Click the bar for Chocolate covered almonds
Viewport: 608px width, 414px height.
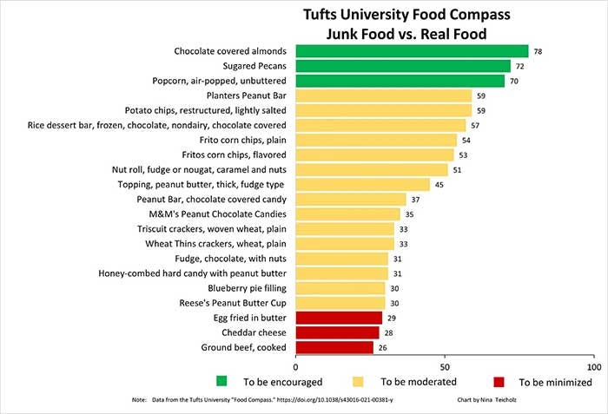412,51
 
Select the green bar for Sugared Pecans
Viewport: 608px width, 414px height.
403,66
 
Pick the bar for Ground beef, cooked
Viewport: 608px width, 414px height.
334,347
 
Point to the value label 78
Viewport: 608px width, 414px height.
538,52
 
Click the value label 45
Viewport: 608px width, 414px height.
439,185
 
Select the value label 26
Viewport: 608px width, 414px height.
383,348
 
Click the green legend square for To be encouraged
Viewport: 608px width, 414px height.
222,381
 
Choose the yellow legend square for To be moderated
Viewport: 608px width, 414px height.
358,381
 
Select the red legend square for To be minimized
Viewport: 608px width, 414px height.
498,381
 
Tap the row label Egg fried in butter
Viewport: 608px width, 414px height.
251,318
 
